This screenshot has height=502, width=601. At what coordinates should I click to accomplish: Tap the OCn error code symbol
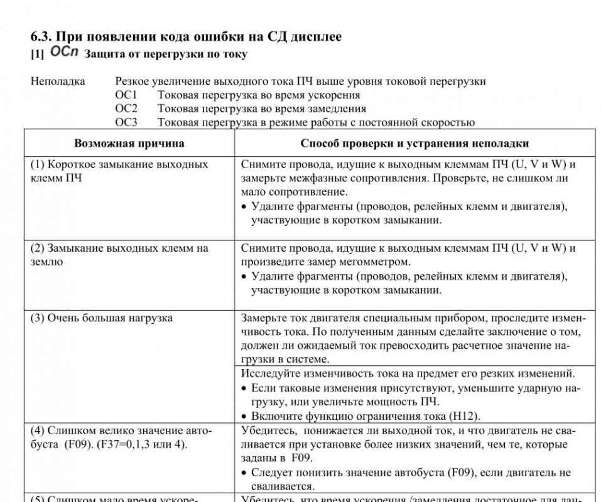(x=64, y=52)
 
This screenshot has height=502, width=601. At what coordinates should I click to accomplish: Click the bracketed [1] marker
(x=37, y=55)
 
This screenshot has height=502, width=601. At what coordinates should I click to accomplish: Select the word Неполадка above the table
(x=58, y=81)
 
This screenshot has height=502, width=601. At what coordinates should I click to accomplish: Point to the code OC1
(x=126, y=95)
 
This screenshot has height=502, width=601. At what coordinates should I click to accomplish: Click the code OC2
(x=126, y=109)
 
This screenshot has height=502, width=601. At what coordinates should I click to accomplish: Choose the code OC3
(x=126, y=122)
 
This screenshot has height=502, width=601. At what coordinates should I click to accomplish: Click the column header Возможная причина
(x=129, y=143)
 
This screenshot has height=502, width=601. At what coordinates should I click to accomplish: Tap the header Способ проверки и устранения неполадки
(x=414, y=143)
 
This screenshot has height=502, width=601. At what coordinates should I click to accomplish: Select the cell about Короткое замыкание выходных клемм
(x=119, y=171)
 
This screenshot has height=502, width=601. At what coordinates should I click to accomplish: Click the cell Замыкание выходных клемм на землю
(x=119, y=255)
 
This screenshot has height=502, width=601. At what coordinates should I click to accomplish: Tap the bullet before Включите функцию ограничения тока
(x=244, y=416)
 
